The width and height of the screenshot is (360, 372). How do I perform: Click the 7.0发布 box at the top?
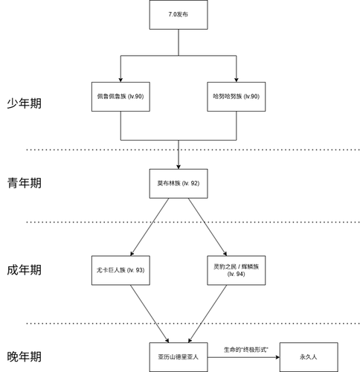pos(179,14)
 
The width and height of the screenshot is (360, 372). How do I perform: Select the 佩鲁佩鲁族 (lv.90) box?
pos(120,97)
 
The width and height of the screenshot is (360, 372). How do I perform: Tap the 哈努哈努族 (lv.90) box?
pos(236,97)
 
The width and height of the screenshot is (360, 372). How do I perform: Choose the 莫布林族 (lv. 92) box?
pos(179,183)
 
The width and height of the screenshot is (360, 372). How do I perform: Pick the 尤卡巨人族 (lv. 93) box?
pos(120,269)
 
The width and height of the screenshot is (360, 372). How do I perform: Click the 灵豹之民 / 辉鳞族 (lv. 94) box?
pos(236,269)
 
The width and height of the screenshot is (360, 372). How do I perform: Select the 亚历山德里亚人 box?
pos(179,356)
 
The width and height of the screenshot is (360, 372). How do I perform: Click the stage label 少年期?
pos(25,103)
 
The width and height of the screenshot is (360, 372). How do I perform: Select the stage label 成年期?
pos(25,269)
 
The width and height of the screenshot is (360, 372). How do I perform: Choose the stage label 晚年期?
pos(25,356)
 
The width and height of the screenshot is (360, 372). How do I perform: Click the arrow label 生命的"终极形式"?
pos(243,348)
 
